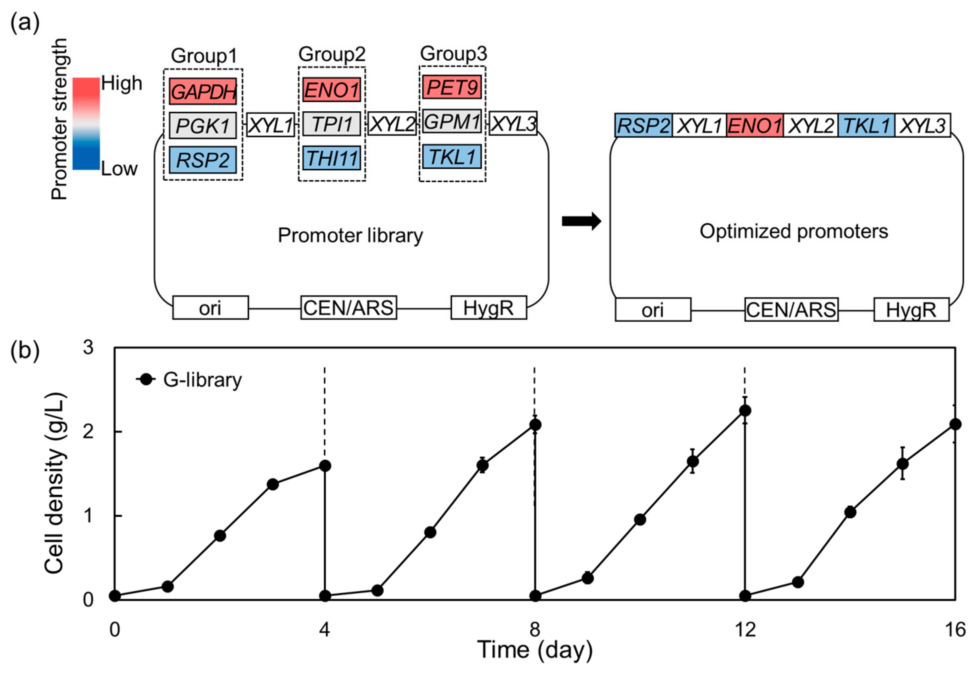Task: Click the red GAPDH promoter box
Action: [x=203, y=91]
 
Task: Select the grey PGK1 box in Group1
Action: [x=203, y=126]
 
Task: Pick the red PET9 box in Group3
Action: [x=452, y=87]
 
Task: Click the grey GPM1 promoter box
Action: [x=452, y=122]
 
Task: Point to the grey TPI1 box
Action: [x=332, y=124]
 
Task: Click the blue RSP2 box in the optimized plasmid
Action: [x=643, y=126]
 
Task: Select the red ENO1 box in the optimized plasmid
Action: [x=755, y=126]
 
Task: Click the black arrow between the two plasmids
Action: [x=581, y=221]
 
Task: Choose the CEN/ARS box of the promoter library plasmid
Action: [x=349, y=308]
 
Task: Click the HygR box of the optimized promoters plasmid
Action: [x=911, y=309]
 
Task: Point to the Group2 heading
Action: [x=332, y=54]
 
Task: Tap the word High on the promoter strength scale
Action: [x=121, y=83]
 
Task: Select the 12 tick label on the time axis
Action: [x=745, y=629]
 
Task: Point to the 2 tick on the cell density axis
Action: [x=88, y=431]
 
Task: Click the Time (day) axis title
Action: [x=535, y=650]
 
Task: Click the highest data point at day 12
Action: [x=745, y=410]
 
